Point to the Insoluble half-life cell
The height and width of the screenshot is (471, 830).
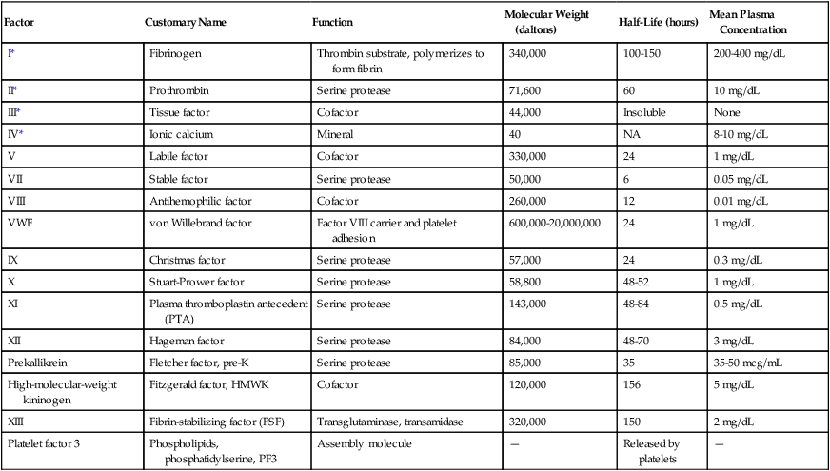pyautogui.click(x=644, y=111)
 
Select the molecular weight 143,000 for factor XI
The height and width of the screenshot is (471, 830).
pyautogui.click(x=528, y=304)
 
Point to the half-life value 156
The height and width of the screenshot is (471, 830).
pyautogui.click(x=632, y=384)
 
